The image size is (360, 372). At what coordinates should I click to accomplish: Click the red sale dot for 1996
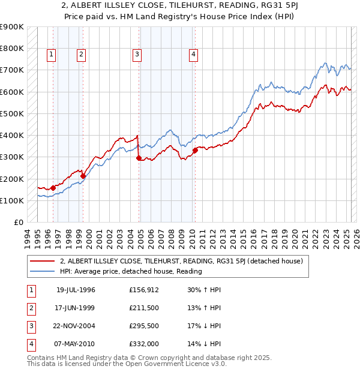pos(53,188)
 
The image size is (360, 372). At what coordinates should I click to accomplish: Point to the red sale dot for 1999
pos(83,176)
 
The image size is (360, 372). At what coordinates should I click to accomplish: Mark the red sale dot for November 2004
pos(139,158)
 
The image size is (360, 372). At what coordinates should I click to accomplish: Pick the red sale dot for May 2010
pos(196,150)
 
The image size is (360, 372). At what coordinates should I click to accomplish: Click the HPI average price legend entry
pos(131,272)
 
